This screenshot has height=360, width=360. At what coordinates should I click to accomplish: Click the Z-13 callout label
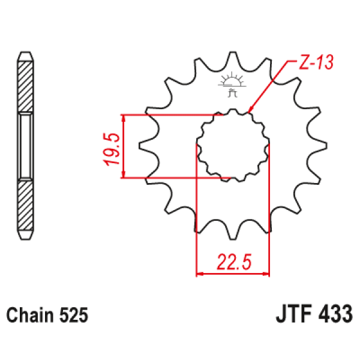pos(316,62)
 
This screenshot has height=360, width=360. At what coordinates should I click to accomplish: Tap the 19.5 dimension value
pos(112,149)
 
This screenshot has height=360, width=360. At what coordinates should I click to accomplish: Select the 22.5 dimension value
pos(234,262)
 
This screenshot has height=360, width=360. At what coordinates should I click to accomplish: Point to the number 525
pos(74,315)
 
